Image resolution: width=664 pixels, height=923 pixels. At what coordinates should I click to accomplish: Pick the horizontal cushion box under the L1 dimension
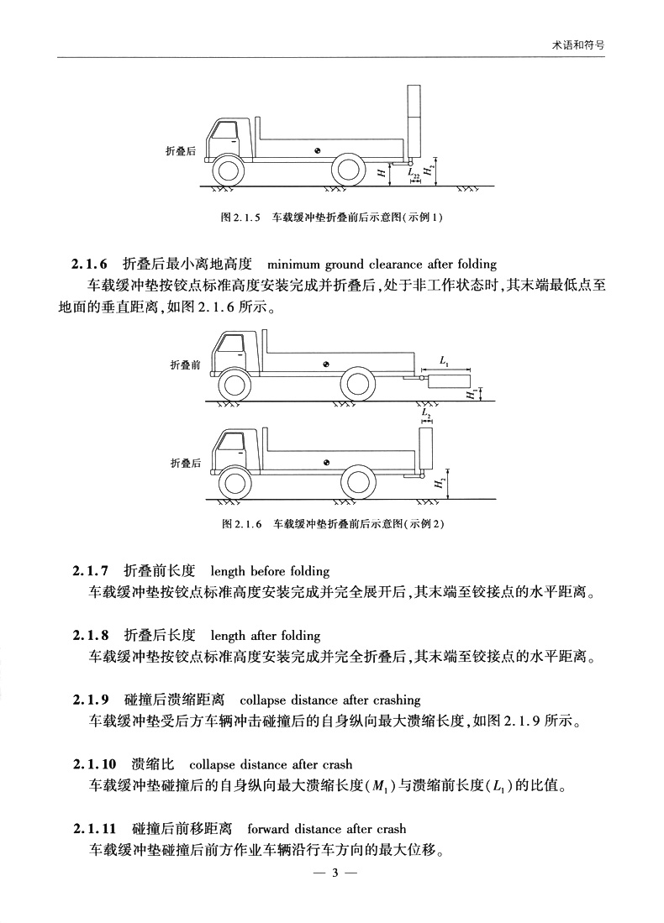[x=448, y=380]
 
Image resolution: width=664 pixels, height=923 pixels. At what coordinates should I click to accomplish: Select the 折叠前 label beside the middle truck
[x=185, y=365]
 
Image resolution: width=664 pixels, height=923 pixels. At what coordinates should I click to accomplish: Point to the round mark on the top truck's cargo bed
[x=318, y=151]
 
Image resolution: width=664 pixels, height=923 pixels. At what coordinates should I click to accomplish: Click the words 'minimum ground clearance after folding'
[x=382, y=265]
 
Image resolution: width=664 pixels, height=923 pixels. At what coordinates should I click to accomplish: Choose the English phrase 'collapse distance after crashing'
[x=329, y=700]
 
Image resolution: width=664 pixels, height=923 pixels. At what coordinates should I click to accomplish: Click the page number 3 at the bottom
[x=334, y=873]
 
